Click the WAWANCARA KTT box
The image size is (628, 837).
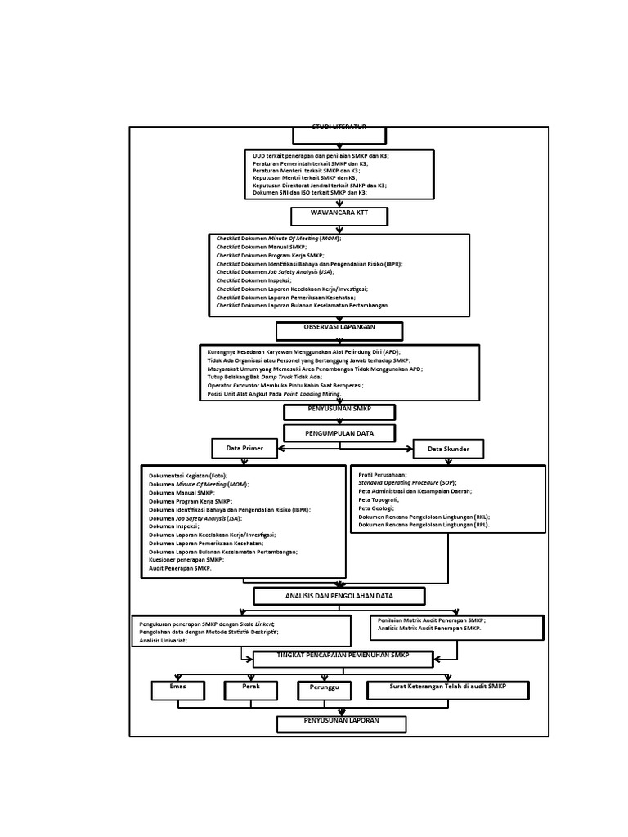(339, 216)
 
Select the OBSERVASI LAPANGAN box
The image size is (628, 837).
(339, 330)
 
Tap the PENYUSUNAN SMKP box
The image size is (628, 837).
(339, 411)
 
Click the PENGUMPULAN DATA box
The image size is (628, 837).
(339, 432)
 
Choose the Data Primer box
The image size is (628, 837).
(244, 448)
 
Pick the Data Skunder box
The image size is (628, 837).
(447, 449)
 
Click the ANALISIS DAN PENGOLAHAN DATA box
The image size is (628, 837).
(339, 596)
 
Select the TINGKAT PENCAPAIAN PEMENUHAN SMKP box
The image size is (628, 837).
(343, 659)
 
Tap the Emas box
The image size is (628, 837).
(177, 690)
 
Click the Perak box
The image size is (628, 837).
(251, 690)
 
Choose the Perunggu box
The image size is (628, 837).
(324, 691)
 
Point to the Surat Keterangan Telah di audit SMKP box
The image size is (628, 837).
(447, 690)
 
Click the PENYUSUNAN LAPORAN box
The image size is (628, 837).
(341, 723)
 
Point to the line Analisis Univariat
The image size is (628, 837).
(164, 641)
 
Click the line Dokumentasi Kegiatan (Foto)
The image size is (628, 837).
(188, 475)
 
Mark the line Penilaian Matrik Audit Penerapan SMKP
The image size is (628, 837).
(431, 620)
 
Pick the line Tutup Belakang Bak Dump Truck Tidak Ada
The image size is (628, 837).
(264, 377)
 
